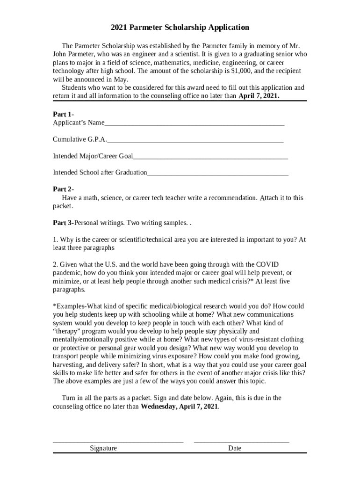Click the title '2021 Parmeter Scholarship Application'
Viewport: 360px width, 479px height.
(x=180, y=28)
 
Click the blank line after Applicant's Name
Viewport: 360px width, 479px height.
(x=194, y=124)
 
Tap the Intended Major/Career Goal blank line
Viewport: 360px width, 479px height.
(x=210, y=158)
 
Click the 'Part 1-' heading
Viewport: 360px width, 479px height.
(x=63, y=114)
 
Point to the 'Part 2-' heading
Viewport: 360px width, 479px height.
(x=63, y=189)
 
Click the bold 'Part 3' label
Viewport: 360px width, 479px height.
(x=63, y=223)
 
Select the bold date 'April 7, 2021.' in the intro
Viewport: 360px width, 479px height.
(x=259, y=96)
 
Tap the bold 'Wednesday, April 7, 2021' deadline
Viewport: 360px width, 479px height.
(x=179, y=406)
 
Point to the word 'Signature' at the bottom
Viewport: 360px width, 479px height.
(x=103, y=448)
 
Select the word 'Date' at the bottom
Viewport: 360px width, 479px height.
(x=235, y=448)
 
